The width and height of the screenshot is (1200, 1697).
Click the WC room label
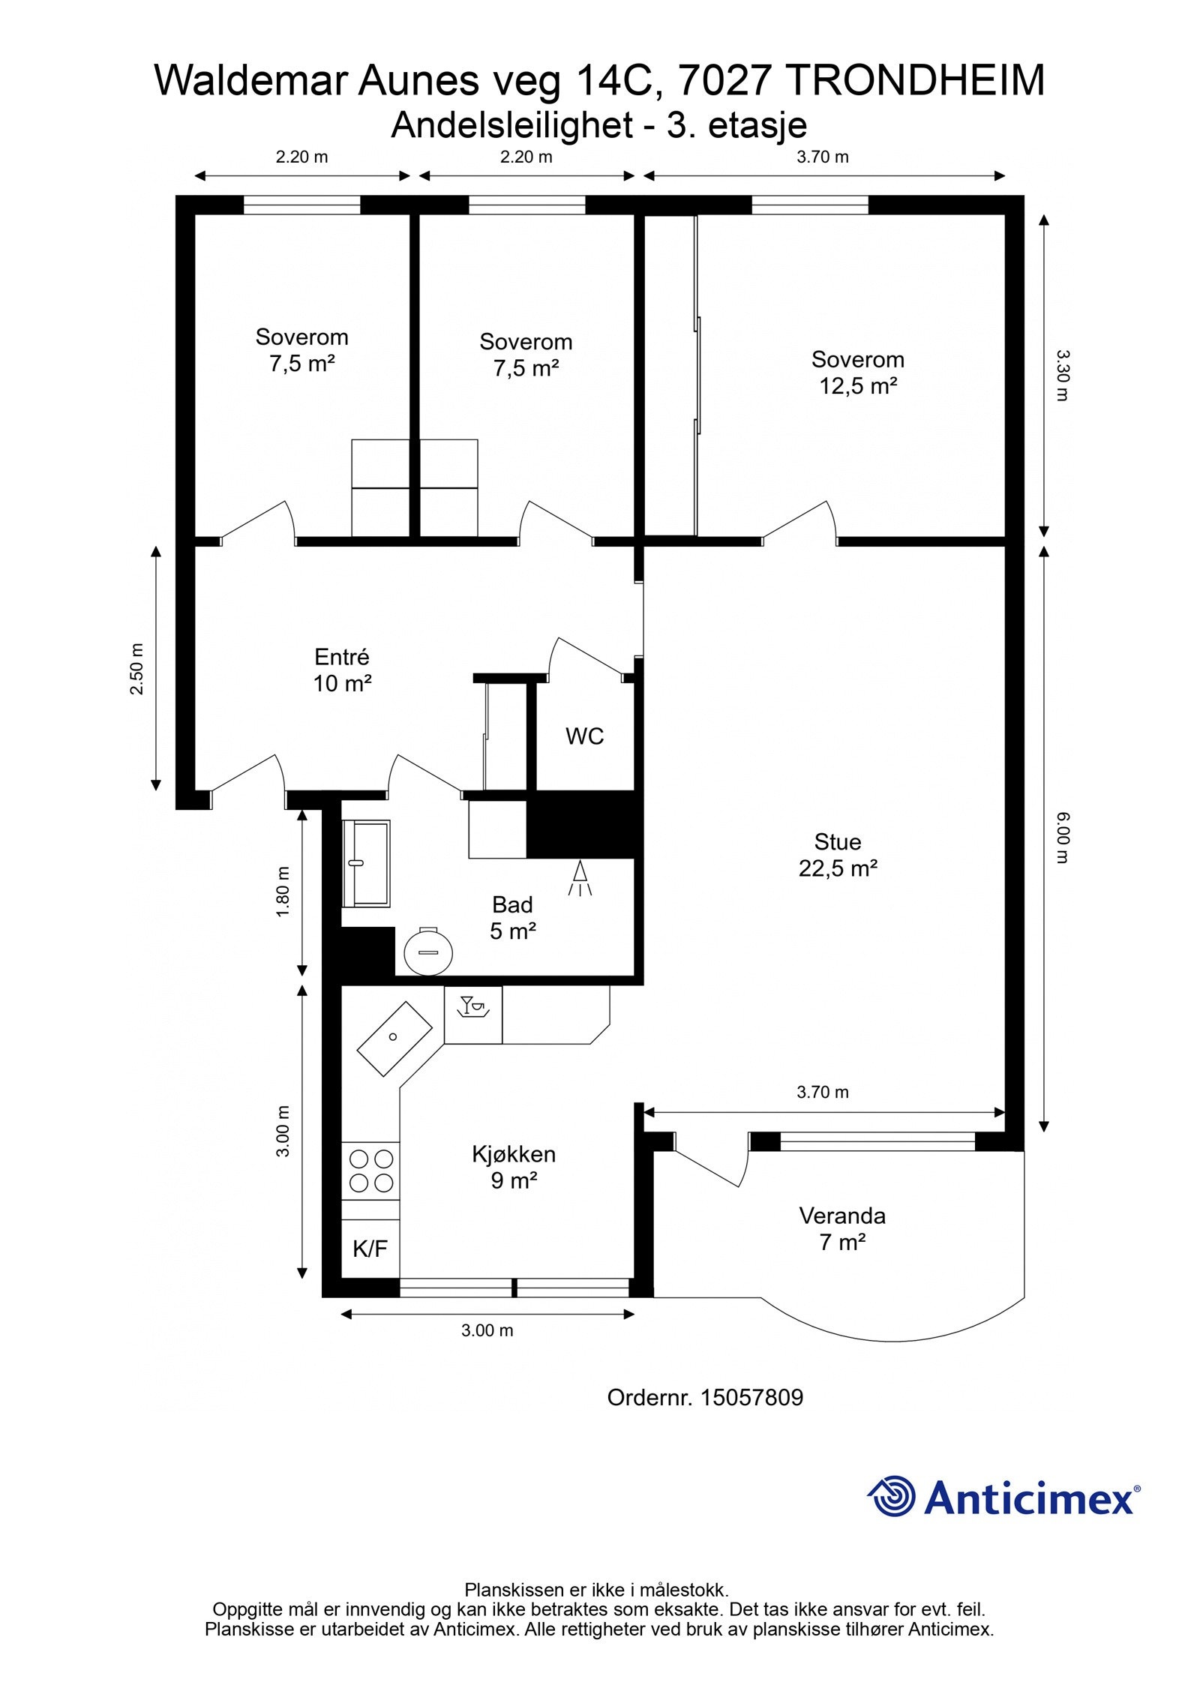click(584, 736)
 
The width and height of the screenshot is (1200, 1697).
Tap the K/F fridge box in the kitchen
click(370, 1249)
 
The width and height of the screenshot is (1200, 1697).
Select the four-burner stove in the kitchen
click(370, 1171)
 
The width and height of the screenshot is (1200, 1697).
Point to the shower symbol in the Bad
click(580, 878)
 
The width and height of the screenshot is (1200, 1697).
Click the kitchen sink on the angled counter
click(394, 1039)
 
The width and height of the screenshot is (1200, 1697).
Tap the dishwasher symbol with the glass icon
click(473, 1015)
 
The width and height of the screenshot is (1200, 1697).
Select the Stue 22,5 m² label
click(838, 855)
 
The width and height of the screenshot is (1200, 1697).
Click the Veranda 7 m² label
click(842, 1229)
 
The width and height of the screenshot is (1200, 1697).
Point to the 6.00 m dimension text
click(1060, 838)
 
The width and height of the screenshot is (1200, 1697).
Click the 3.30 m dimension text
click(1060, 375)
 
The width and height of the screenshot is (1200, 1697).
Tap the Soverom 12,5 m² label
click(857, 373)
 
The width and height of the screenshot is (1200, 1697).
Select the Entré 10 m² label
click(342, 670)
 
